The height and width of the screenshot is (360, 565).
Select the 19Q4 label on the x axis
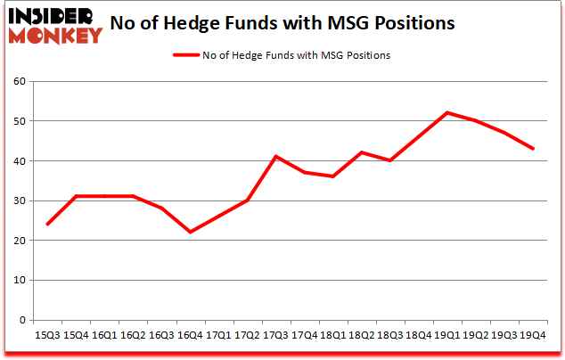tap(532, 336)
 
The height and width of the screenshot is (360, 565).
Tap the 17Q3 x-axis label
tap(275, 336)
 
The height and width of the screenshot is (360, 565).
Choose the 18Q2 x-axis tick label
tap(361, 336)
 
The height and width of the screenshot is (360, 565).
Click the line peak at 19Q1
tap(447, 112)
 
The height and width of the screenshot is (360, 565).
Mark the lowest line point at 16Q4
tap(189, 232)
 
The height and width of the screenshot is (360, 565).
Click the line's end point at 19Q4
tap(533, 148)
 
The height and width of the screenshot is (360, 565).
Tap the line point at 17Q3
tap(275, 157)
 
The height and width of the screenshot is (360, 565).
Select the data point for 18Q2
tap(361, 152)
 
